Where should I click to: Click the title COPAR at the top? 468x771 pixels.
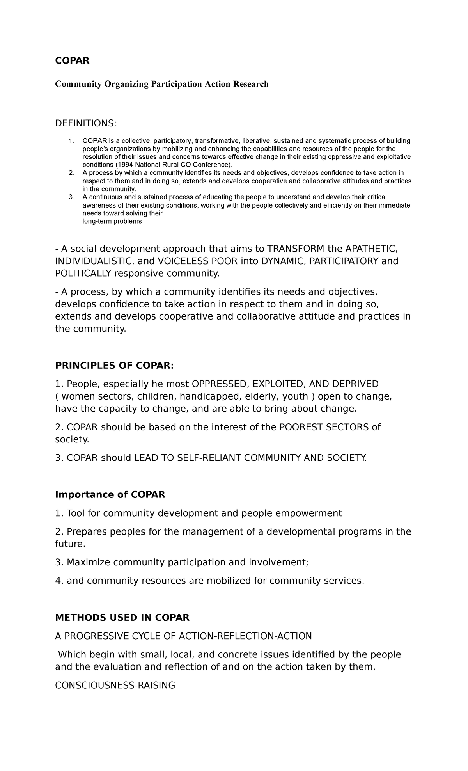click(72, 60)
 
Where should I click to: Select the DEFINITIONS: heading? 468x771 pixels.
click(85, 123)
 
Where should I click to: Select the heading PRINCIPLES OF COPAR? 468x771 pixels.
click(114, 366)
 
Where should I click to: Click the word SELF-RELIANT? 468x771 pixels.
click(209, 458)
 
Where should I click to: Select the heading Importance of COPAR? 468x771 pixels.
click(110, 495)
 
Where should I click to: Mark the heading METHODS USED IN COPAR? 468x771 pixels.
click(122, 618)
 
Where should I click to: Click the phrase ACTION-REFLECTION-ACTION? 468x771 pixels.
click(245, 636)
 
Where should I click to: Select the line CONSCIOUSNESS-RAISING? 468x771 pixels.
click(115, 685)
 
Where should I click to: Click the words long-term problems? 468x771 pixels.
click(112, 221)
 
